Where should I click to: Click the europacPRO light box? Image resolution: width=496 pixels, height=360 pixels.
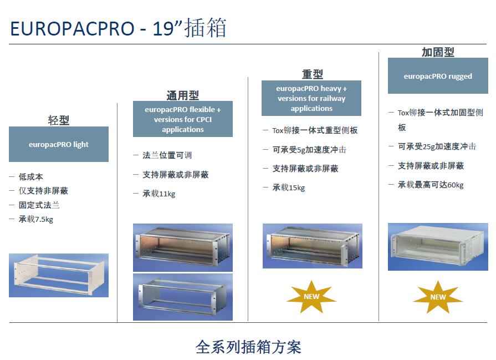point(59,144)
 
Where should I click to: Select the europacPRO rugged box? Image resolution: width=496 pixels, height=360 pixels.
point(438,76)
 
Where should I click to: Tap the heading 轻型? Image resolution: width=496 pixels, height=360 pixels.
point(59,120)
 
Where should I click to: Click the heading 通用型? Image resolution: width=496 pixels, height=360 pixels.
point(183,95)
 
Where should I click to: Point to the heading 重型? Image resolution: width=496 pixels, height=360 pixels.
point(312,74)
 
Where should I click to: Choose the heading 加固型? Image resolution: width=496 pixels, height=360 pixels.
point(438,52)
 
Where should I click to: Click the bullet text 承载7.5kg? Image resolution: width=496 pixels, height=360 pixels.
point(35,219)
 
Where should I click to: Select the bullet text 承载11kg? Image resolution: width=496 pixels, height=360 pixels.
point(159,194)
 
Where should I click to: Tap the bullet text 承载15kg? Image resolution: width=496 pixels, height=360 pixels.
point(289,187)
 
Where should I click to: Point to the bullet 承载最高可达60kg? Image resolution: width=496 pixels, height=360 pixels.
point(431,185)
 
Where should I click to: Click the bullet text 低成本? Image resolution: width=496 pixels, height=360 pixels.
point(30,177)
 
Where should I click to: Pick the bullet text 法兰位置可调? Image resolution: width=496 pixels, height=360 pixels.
point(167,155)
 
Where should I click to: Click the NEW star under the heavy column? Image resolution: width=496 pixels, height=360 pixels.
point(311,297)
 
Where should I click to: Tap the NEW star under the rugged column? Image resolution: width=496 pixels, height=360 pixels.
point(438,297)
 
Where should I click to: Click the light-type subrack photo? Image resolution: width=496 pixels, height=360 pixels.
point(59,275)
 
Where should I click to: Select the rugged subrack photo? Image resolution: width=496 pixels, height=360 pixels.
point(438,247)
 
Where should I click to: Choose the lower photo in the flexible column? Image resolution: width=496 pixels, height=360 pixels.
point(183,297)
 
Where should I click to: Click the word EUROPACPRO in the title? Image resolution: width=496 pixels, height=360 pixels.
point(73,28)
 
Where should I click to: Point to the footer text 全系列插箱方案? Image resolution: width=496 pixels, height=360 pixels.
point(248,347)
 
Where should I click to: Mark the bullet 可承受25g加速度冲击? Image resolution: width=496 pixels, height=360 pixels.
point(437,146)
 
